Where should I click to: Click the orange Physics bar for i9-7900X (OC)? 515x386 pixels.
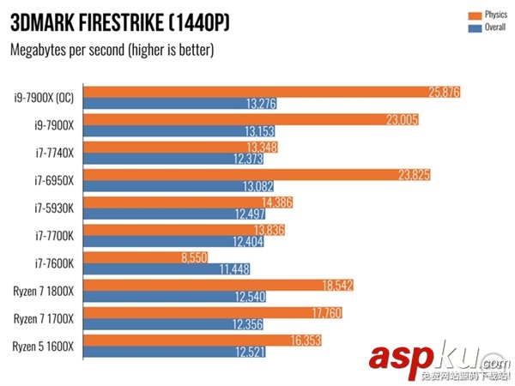point(275,92)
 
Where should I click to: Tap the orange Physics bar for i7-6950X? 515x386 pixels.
point(258,175)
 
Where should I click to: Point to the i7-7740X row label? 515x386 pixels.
point(52,153)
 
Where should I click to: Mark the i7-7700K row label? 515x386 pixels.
point(52,237)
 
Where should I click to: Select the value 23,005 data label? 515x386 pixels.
point(401,119)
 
